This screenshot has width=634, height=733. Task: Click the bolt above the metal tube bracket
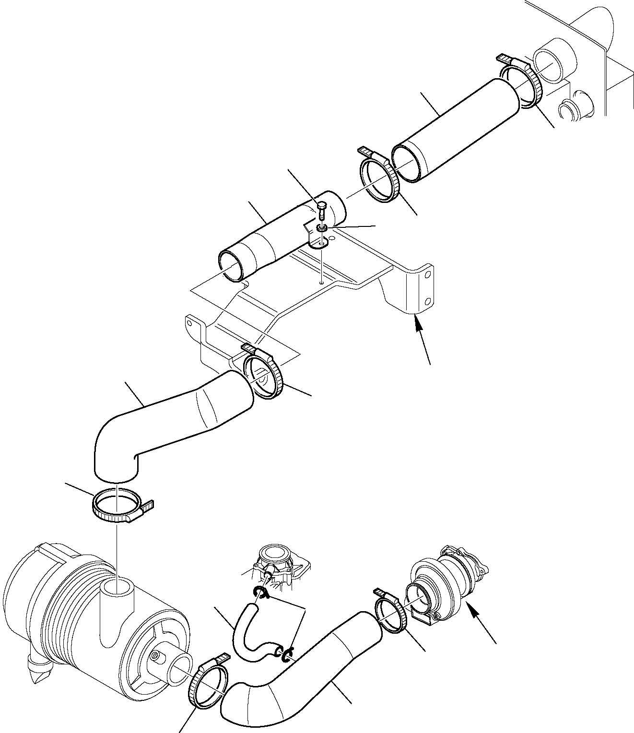click(x=322, y=209)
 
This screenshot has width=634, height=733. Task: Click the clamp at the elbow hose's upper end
click(x=264, y=372)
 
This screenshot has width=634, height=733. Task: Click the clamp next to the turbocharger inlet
click(x=392, y=611)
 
